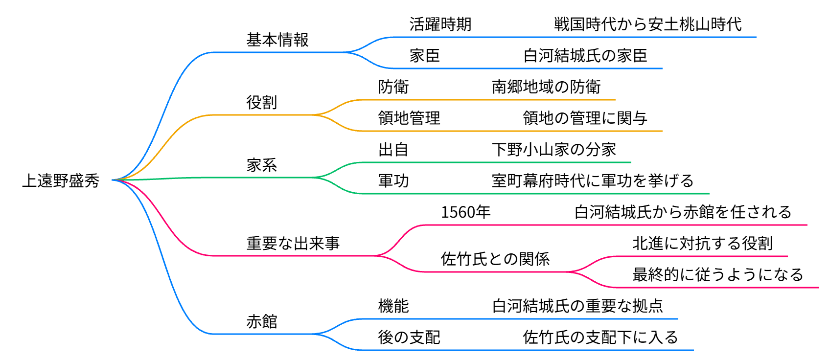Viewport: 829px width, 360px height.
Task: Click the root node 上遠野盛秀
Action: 61,180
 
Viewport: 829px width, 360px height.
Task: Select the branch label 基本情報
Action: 277,40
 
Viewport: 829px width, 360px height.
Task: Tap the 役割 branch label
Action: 262,102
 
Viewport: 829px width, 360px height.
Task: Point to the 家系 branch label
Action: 262,165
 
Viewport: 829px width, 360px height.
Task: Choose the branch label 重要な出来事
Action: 293,243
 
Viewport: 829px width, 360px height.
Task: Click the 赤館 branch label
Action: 262,321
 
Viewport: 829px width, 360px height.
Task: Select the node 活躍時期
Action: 440,24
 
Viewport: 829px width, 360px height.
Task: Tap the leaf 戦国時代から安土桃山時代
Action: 647,24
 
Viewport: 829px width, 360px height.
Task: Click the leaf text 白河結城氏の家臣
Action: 585,55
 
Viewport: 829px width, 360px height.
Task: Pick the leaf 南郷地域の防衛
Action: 546,87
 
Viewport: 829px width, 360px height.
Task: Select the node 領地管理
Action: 409,118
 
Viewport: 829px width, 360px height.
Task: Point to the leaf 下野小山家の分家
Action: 553,149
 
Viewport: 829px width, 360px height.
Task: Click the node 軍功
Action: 393,180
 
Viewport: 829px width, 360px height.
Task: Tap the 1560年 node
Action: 465,212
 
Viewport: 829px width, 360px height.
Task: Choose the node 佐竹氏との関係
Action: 495,259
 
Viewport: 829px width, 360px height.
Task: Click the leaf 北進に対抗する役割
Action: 702,243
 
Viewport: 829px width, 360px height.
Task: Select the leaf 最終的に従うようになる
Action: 718,274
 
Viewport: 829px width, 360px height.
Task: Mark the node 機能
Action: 393,306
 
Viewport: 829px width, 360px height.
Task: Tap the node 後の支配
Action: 409,337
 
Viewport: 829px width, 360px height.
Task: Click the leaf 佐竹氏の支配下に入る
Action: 600,337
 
